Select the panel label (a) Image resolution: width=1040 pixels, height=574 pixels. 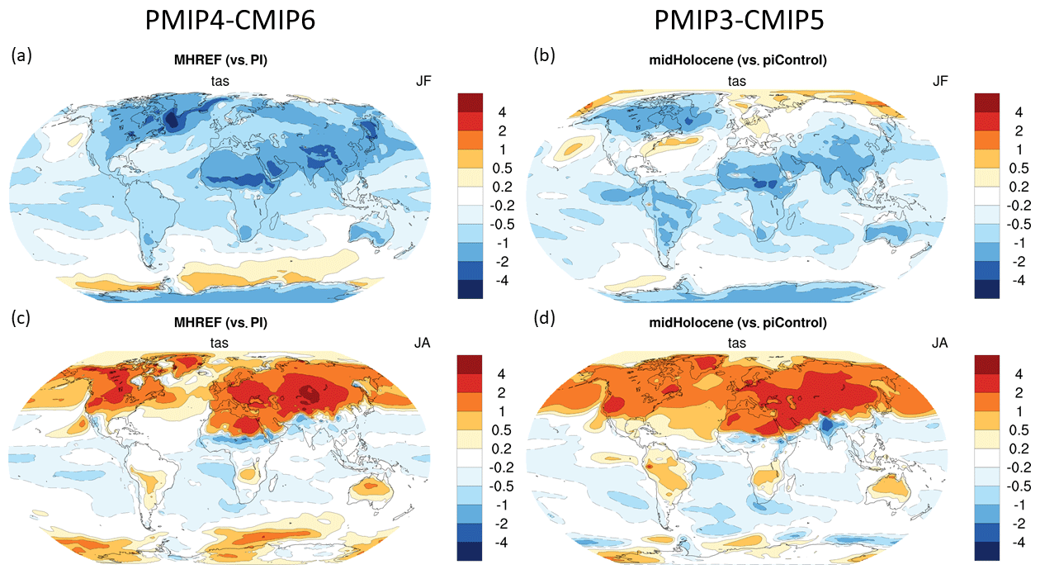pos(21,55)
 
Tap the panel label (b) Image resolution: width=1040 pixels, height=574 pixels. pos(545,55)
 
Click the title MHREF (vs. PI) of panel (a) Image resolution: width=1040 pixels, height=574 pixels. pos(219,60)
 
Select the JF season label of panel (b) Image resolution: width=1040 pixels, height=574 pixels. pos(940,80)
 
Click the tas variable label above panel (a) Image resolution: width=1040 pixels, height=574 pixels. pos(219,80)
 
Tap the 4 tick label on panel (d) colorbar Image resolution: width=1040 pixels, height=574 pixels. pos(1017,373)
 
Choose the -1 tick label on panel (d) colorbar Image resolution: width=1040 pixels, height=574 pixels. pos(1019,505)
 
